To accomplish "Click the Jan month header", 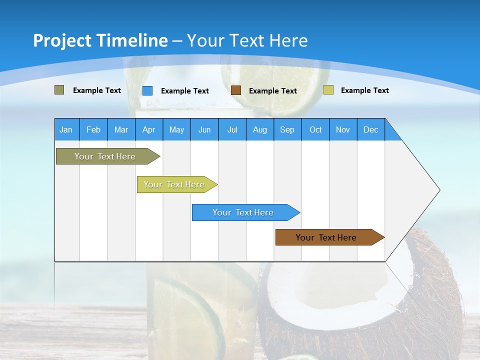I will tap(66, 129).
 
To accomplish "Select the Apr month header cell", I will tap(149, 129).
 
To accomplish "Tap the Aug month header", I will tap(260, 129).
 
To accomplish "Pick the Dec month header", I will tap(371, 129).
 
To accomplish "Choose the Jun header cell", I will tap(204, 129).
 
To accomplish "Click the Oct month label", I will tap(315, 129).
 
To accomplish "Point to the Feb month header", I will tap(93, 129).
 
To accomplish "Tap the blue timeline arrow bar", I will tap(243, 212).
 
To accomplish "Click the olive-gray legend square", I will tap(59, 90).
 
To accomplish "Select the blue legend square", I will tap(147, 90).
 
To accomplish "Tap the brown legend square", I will tap(236, 90).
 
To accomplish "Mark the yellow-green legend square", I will tap(328, 90).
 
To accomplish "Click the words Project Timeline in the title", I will tap(100, 40).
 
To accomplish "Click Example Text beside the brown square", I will tap(273, 90).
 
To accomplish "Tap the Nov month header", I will tap(343, 129).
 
